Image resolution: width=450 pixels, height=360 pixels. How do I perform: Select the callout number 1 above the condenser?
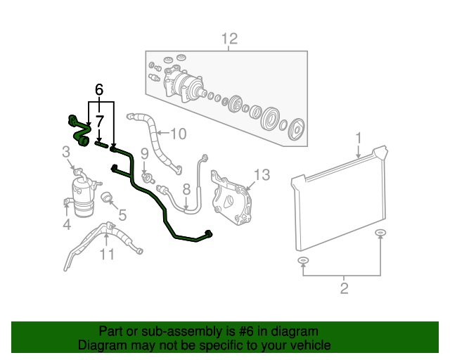point(359,137)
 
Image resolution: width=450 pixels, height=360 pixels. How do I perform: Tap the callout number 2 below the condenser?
point(344,287)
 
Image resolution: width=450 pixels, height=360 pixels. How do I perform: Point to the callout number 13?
point(262,174)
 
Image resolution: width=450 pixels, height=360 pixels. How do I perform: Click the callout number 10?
point(179,133)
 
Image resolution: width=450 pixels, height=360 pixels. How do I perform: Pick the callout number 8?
point(186,189)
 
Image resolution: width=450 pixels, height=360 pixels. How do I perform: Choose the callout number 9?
point(144,153)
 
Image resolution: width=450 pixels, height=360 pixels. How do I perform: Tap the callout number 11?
point(106,253)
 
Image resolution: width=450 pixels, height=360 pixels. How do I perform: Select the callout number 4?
point(67,225)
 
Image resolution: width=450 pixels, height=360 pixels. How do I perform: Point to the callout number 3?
point(66,151)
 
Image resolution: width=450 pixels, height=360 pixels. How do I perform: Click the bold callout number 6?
point(99,89)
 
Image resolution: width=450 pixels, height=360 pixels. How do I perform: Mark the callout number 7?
point(100,120)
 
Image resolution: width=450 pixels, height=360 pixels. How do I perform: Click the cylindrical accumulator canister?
point(83,194)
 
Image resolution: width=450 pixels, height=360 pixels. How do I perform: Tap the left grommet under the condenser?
point(303,262)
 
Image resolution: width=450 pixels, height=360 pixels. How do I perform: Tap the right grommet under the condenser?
point(380,233)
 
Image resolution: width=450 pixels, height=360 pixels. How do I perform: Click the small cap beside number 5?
point(108,197)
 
